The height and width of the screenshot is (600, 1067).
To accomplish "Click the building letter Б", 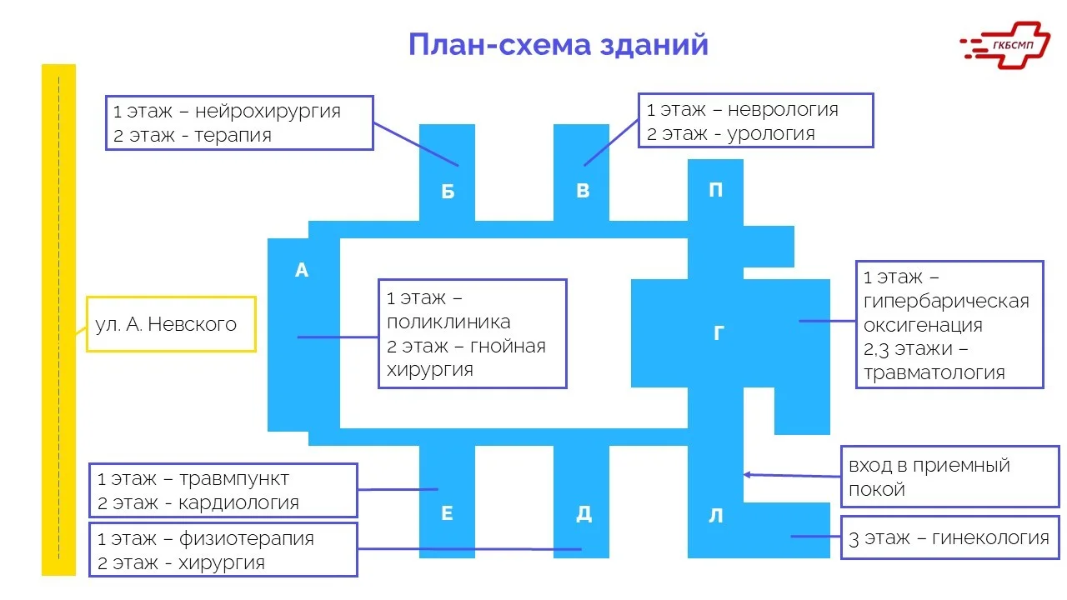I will pyautogui.click(x=448, y=192).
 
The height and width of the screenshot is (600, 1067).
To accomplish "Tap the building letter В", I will pyautogui.click(x=583, y=191).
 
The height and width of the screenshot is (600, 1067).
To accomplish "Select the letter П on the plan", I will pyautogui.click(x=715, y=190).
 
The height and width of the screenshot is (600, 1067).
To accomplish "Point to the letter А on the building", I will pyautogui.click(x=302, y=270).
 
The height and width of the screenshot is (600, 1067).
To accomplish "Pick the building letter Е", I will pyautogui.click(x=447, y=513).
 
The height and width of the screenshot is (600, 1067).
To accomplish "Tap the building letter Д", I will pyautogui.click(x=584, y=514).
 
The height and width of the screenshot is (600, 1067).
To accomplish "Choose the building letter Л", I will pyautogui.click(x=716, y=516).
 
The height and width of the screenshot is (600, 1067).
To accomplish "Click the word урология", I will pyautogui.click(x=771, y=133).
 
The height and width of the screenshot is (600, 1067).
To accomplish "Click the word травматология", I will pyautogui.click(x=934, y=372).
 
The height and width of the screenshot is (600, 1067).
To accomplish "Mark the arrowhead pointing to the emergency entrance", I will pyautogui.click(x=747, y=474).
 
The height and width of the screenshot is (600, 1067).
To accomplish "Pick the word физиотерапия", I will pyautogui.click(x=247, y=538).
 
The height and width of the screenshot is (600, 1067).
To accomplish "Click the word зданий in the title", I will pyautogui.click(x=654, y=43).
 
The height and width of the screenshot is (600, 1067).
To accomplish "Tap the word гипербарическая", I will pyautogui.click(x=946, y=301).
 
